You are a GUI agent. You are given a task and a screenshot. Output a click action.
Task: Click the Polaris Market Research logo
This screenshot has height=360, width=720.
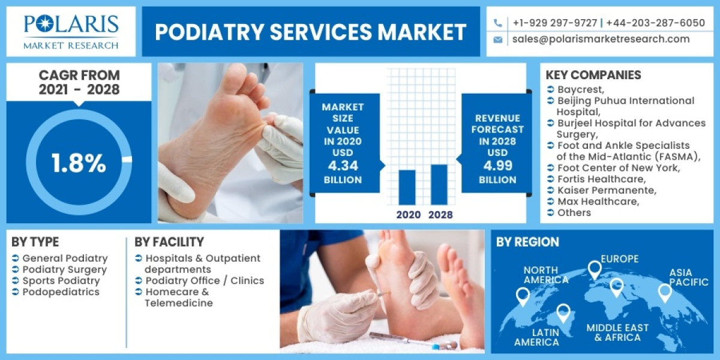click(x=71, y=31)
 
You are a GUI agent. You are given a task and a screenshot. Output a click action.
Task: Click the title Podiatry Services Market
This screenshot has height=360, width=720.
click(x=310, y=32)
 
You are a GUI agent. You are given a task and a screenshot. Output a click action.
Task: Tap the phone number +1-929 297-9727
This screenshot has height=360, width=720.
click(x=554, y=23)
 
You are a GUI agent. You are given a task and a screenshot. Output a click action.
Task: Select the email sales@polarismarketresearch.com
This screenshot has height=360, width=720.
click(x=601, y=39)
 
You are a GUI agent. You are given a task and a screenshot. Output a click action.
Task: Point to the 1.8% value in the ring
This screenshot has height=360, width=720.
click(x=79, y=163)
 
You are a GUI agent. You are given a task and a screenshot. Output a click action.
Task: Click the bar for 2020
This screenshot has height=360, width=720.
click(x=407, y=187)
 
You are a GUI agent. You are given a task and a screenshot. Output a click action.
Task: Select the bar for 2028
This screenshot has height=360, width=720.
click(x=440, y=184)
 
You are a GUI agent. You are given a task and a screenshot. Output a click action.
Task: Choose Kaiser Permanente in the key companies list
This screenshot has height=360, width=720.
click(x=607, y=190)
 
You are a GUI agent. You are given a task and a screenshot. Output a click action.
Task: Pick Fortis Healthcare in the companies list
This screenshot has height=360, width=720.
click(x=601, y=179)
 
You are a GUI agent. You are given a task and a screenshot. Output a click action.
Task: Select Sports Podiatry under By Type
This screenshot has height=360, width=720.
click(x=61, y=281)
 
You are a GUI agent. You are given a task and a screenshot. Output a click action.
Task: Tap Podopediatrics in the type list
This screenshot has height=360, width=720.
click(x=61, y=292)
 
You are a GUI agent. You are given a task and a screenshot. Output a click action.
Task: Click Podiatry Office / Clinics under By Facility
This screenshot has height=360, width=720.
click(x=205, y=281)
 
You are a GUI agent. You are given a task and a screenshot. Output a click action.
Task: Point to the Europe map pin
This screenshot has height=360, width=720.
click(x=594, y=269)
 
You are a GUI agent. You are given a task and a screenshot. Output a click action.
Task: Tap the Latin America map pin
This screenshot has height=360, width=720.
click(x=563, y=313)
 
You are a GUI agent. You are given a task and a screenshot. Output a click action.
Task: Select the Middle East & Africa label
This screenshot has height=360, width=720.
click(x=617, y=332)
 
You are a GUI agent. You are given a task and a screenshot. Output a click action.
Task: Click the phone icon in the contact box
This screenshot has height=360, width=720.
click(x=497, y=23)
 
